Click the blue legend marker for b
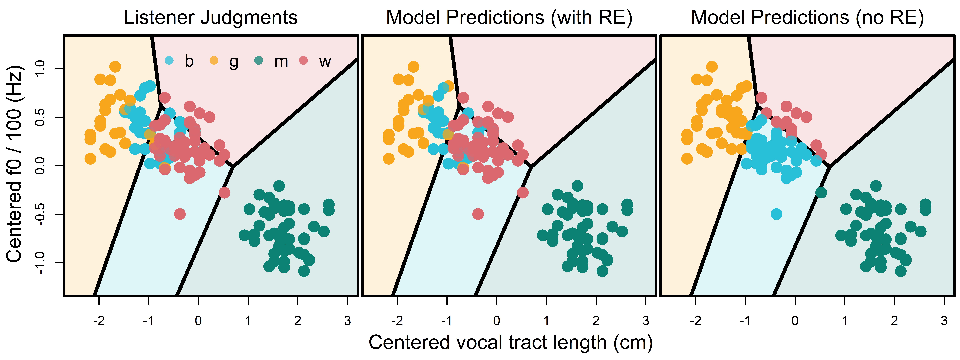click(169, 60)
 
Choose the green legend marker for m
click(259, 60)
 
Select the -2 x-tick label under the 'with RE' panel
click(397, 320)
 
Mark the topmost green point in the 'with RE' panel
click(577, 186)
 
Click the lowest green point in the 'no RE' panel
click(900, 271)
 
